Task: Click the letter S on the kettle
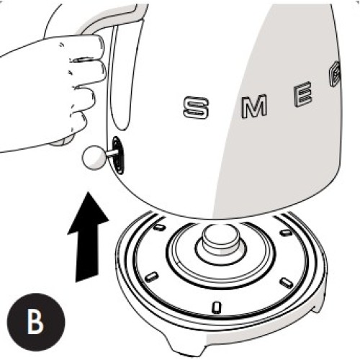tap(196, 107)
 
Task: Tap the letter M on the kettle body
tap(254, 106)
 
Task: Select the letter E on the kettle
tap(303, 94)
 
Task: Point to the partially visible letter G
tap(335, 73)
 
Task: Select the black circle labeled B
tap(36, 322)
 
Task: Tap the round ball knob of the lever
tap(94, 158)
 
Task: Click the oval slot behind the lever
tap(118, 155)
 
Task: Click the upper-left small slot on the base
tap(159, 227)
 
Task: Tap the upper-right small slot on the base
tap(287, 232)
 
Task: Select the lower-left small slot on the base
tap(152, 276)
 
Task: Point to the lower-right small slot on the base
tap(287, 282)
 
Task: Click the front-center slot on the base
tap(217, 307)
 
